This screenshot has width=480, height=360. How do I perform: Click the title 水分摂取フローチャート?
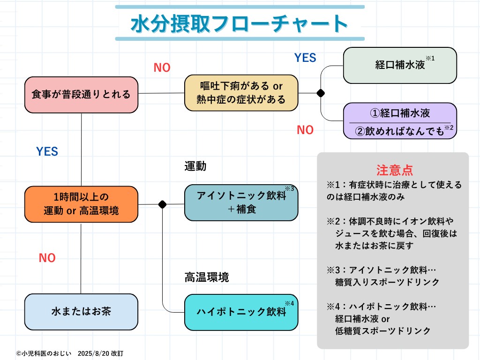(x=240, y=23)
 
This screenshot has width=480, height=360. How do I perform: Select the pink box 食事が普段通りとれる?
(x=81, y=94)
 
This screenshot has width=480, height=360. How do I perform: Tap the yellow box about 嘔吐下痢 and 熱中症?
(x=241, y=93)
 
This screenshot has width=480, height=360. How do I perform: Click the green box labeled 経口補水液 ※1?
(x=400, y=65)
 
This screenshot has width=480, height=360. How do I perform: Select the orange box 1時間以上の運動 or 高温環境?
(x=81, y=204)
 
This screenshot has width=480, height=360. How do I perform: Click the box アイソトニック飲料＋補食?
(x=241, y=202)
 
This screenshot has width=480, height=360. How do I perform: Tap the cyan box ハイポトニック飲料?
(x=241, y=312)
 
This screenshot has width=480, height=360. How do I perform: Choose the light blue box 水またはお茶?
(x=81, y=311)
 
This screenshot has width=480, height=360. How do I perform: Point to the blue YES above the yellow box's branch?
(x=305, y=58)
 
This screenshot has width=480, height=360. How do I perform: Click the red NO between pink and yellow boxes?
(x=162, y=68)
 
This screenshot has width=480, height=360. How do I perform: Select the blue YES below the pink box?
(x=47, y=151)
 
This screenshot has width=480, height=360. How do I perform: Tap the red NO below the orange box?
(x=47, y=258)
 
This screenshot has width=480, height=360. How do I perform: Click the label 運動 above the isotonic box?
(x=195, y=166)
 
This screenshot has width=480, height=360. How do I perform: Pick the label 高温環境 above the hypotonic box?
(x=207, y=277)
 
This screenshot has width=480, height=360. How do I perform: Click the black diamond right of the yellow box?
(x=321, y=93)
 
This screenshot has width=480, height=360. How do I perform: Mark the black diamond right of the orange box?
(x=163, y=204)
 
